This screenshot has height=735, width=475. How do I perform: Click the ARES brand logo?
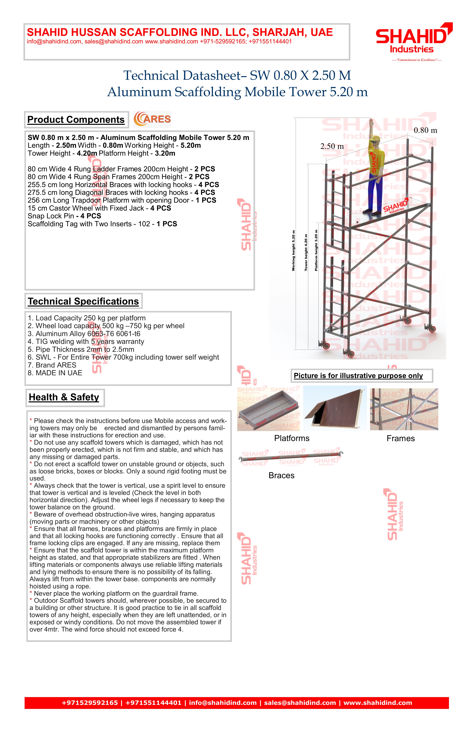[x=152, y=119]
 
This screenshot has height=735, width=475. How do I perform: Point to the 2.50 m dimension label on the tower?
[x=332, y=146]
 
